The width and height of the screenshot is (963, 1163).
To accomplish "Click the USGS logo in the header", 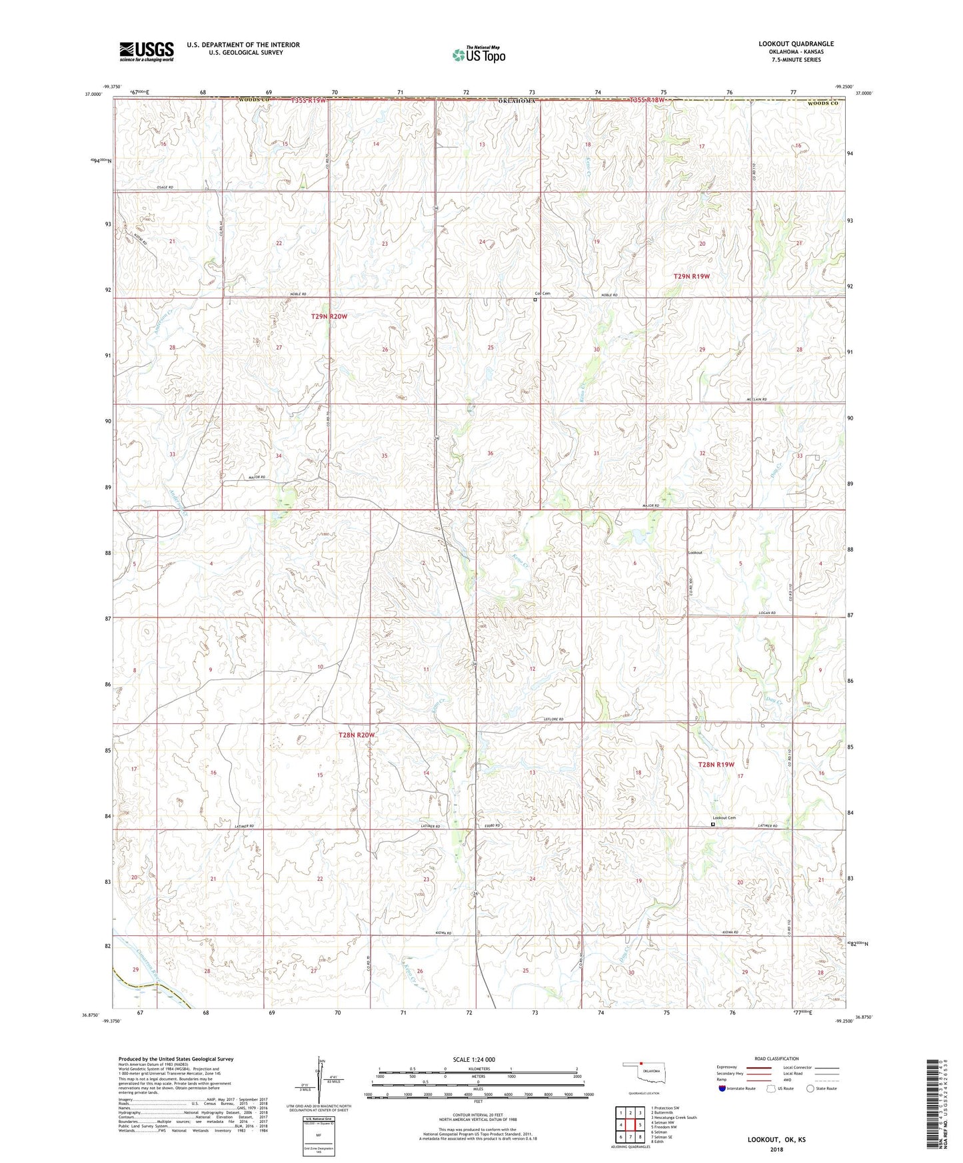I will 147,51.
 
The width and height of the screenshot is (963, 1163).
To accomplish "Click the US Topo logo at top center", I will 478,55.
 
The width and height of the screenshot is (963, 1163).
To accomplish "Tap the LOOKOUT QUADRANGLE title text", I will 796,44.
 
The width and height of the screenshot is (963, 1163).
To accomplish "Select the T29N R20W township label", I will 329,316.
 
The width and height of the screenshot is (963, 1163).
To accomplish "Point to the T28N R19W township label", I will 716,765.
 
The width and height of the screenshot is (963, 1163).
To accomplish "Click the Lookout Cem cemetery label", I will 724,818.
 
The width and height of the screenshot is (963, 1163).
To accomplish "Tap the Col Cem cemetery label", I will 542,294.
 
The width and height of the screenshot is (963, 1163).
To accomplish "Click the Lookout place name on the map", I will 695,552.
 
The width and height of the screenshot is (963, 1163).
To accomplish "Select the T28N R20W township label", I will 357,735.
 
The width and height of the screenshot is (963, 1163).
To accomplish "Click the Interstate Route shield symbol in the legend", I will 722,1088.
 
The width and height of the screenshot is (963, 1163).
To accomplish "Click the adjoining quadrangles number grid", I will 630,1127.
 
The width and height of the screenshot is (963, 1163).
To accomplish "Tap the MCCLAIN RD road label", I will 755,400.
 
